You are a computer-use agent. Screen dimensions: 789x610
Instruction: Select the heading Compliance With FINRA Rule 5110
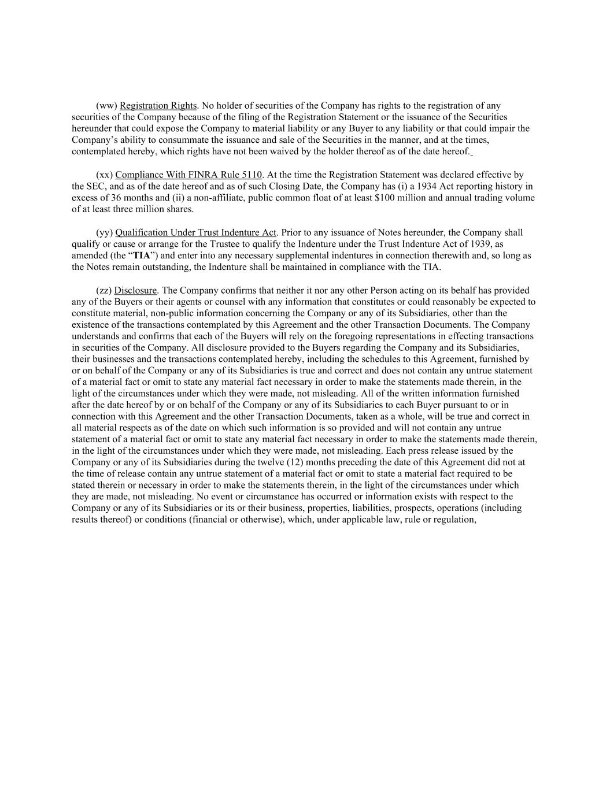(188, 175)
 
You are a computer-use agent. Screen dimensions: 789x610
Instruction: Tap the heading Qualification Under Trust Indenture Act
(196, 233)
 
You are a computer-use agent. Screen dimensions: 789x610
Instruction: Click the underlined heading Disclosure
(135, 291)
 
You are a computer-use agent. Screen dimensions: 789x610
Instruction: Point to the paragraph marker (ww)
(106, 106)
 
